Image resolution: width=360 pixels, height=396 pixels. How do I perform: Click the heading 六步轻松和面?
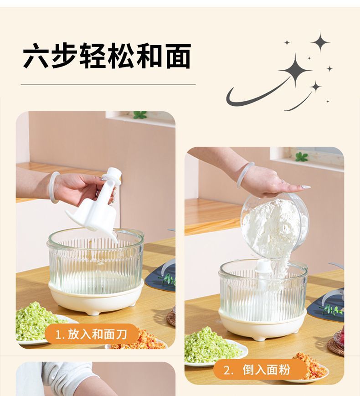(107, 56)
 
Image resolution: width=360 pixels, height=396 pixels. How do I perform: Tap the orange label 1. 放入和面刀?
(92, 334)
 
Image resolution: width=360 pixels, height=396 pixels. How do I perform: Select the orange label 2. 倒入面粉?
(257, 370)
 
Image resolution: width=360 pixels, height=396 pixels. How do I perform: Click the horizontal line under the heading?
(108, 85)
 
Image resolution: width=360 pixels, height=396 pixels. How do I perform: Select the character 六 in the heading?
(36, 56)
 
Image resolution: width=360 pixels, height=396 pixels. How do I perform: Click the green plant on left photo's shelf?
(139, 115)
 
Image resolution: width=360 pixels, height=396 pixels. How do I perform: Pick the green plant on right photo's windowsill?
(301, 157)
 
